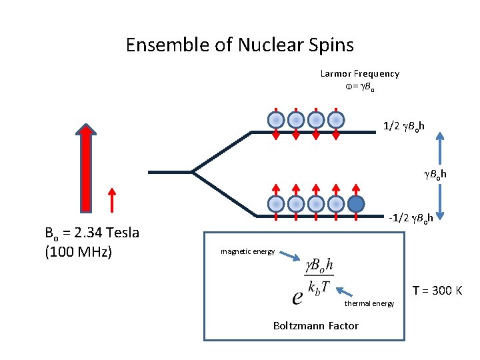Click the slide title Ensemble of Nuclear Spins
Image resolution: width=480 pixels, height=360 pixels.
coord(239,45)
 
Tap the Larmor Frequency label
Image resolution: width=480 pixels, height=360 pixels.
coord(359,74)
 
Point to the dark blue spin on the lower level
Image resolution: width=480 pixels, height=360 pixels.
coord(357,203)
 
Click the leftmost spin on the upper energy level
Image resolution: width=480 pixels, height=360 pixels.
coord(276,120)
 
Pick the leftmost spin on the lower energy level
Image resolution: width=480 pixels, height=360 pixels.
coord(276,203)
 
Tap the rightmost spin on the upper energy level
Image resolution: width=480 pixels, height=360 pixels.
coord(336,120)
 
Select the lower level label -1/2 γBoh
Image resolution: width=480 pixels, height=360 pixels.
coord(411,218)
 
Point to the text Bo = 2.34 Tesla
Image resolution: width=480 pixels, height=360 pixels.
coord(91,233)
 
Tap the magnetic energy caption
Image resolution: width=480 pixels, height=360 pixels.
coord(247,251)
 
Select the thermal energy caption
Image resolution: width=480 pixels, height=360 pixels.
coord(369,303)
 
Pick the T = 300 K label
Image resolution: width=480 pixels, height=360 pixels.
coord(437,291)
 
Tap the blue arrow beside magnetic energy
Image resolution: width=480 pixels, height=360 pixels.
coord(289,254)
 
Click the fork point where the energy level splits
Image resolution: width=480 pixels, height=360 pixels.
coord(193,171)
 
